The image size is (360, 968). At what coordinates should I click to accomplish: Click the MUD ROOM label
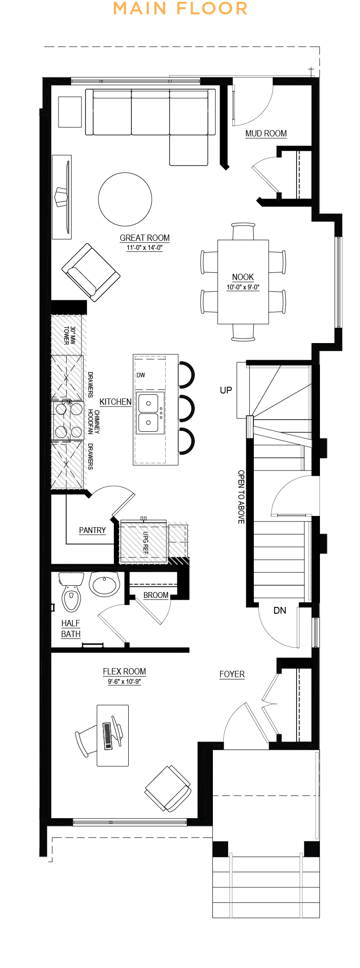tap(266, 134)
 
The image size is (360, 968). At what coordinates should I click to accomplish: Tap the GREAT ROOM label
tap(144, 238)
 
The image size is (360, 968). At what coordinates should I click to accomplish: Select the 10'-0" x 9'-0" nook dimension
tap(243, 287)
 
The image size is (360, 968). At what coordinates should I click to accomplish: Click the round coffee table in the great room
tap(125, 199)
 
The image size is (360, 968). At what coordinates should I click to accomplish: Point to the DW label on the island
tap(141, 375)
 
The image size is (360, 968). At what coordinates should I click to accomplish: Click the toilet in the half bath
tap(71, 592)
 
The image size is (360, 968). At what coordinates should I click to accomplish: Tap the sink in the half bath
tap(104, 584)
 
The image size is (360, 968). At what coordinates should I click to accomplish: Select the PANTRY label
tap(92, 530)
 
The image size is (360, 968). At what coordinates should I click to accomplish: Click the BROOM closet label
tap(156, 595)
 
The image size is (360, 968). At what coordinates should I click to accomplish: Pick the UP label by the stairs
tap(226, 390)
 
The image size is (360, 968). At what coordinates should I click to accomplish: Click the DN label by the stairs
tap(280, 611)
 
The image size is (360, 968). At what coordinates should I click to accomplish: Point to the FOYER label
tap(232, 674)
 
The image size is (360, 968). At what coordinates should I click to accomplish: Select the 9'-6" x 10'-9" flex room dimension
tap(124, 682)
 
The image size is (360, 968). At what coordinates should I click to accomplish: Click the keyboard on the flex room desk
tap(108, 736)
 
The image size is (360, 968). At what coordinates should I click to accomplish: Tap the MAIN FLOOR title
tap(180, 8)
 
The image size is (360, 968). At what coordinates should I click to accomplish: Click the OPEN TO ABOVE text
tap(241, 497)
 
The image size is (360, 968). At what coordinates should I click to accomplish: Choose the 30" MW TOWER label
tap(69, 335)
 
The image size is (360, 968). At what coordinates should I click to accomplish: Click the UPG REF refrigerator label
tap(145, 543)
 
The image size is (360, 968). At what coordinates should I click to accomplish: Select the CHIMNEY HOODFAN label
tap(94, 422)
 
